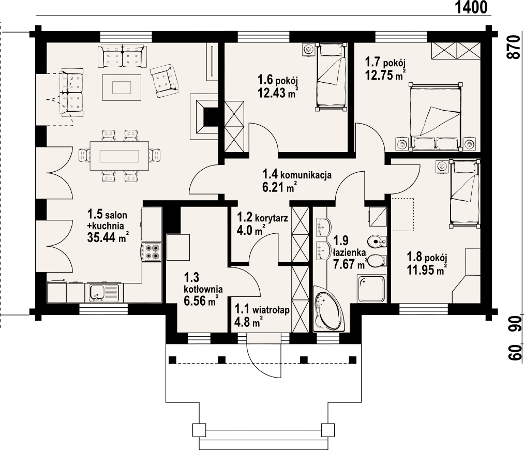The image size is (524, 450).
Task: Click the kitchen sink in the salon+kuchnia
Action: click(x=104, y=293)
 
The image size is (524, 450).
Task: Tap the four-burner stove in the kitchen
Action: click(x=152, y=252)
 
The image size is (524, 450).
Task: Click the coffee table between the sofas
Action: click(x=122, y=87)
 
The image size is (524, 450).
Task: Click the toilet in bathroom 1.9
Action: click(x=377, y=261)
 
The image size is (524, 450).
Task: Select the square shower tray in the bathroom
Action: click(x=371, y=289)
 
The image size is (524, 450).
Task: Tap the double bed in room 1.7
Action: click(x=435, y=117)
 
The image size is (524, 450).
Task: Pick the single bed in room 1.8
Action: click(x=465, y=193)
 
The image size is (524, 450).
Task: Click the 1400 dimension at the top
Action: click(x=471, y=7)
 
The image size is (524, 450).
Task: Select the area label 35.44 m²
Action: click(x=108, y=237)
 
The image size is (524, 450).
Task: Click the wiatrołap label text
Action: click(x=271, y=310)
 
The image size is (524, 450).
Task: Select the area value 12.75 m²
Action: click(x=385, y=76)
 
